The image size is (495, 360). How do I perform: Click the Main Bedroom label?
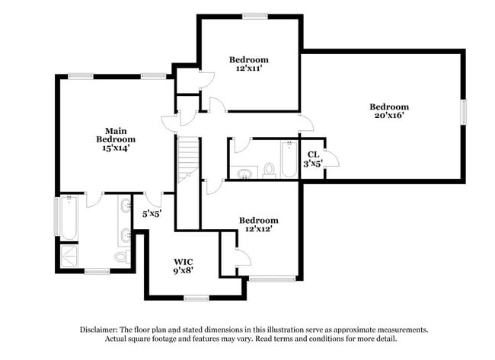116,135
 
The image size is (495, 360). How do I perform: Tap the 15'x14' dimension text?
116,148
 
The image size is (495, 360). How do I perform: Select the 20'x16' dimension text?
389,116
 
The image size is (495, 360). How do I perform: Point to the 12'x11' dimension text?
249,68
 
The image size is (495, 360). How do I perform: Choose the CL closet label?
313,154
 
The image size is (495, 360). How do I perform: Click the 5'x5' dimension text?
152,214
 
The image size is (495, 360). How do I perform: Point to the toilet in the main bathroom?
121,256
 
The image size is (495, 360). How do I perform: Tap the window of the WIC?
196,297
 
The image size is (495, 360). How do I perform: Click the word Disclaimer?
102,330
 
